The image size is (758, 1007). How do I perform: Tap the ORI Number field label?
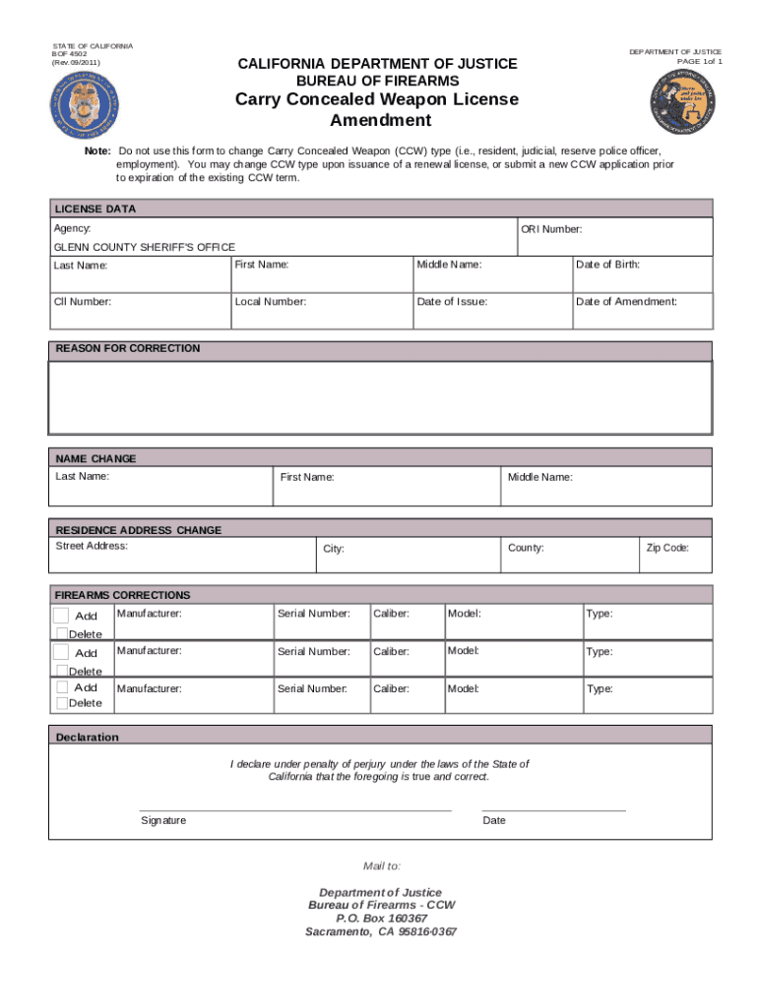551,229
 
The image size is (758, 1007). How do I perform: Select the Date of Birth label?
607,265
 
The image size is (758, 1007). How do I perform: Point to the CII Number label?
82,302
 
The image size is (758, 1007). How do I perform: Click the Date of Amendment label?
626,302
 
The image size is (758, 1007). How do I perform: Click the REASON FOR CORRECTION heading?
127,348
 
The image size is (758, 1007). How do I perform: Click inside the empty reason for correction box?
380,397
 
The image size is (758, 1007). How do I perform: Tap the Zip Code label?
666,548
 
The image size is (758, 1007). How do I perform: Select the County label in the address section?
526,548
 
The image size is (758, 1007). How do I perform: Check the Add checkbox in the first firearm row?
62,615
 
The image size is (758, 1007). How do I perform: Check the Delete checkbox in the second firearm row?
61,671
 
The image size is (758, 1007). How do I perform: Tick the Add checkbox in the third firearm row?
62,687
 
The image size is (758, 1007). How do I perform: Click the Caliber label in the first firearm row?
391,614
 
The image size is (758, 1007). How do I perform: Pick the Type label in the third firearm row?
600,688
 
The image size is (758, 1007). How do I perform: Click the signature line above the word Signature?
295,809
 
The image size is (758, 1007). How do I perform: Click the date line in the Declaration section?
553,809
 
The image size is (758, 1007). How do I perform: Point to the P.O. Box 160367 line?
381,918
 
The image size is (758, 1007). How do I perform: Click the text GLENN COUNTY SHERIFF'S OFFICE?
144,247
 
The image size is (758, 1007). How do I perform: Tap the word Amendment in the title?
380,121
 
